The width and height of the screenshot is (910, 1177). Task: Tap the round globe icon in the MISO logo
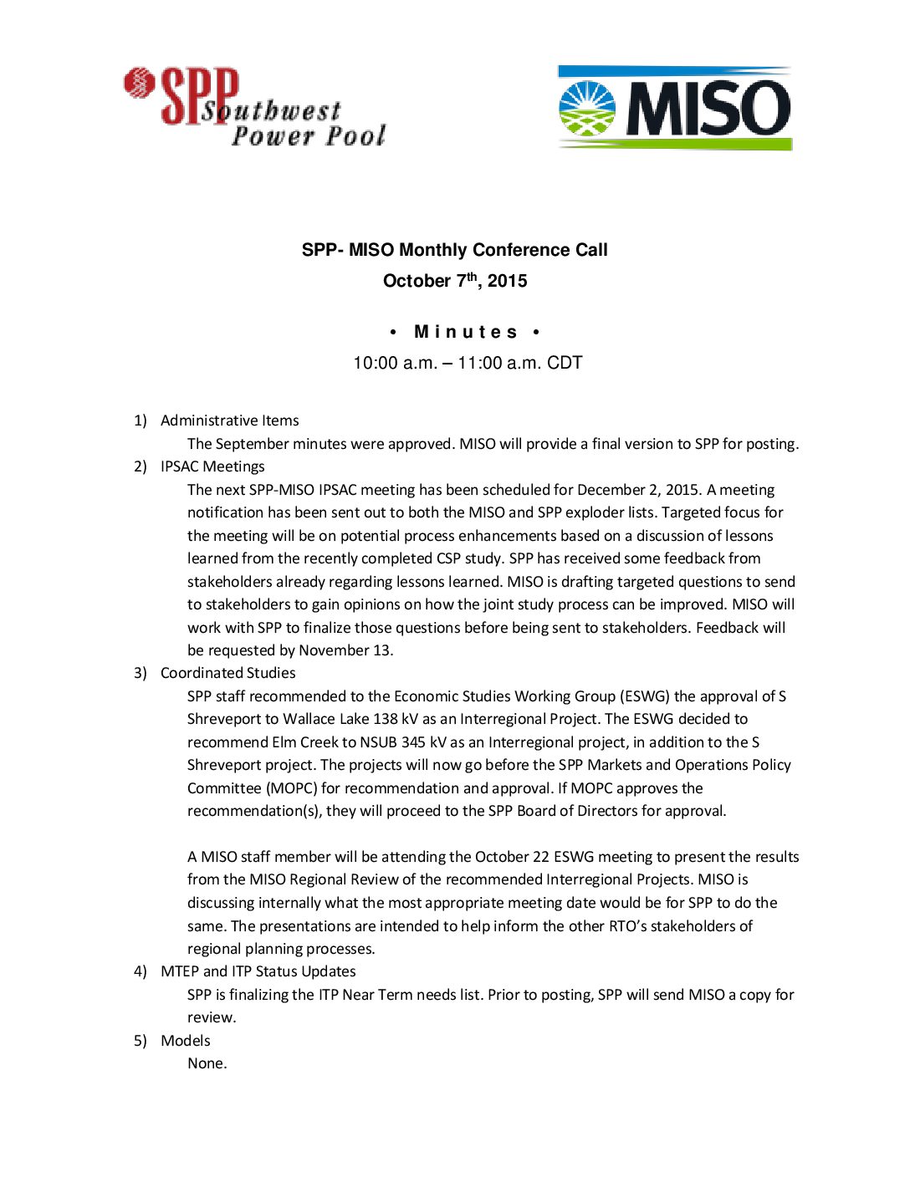point(586,109)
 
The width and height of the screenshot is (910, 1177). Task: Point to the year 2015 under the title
point(508,281)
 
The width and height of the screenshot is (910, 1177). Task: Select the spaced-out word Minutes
point(466,332)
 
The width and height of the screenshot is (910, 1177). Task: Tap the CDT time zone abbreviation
point(565,363)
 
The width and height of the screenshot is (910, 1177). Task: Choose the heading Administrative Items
point(229,420)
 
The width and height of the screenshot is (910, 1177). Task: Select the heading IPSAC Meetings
point(212,466)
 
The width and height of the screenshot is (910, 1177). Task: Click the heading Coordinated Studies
point(227,673)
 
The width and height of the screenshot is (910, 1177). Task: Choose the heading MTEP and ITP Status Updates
point(258,971)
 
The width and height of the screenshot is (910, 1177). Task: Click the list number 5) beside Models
point(140,1041)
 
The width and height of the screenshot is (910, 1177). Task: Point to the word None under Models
point(206,1063)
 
